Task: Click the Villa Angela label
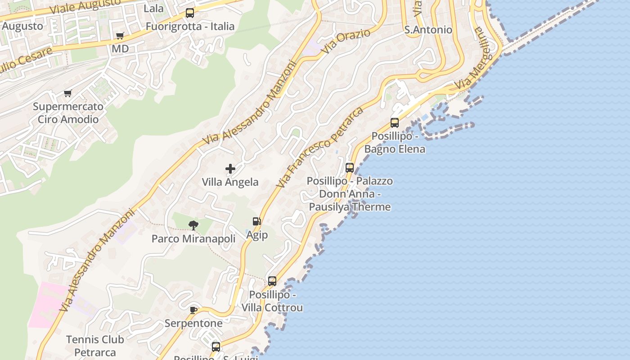point(230,182)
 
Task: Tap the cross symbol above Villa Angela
point(230,169)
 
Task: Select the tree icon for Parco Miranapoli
point(193,225)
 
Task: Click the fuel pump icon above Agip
point(256,221)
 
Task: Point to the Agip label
point(257,235)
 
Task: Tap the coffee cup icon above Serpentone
point(193,310)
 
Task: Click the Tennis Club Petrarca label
point(95,346)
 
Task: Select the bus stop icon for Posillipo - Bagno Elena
point(395,122)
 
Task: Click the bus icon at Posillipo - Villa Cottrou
point(272,281)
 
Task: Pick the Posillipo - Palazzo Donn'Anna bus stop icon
point(350,168)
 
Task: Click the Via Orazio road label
point(346,42)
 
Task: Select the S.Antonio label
point(428,30)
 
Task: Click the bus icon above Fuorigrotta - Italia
point(190,13)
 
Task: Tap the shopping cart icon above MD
point(120,36)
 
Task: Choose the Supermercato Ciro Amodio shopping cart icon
point(67,93)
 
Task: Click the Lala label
point(153,9)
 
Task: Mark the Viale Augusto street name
point(85,6)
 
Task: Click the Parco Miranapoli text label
point(193,238)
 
